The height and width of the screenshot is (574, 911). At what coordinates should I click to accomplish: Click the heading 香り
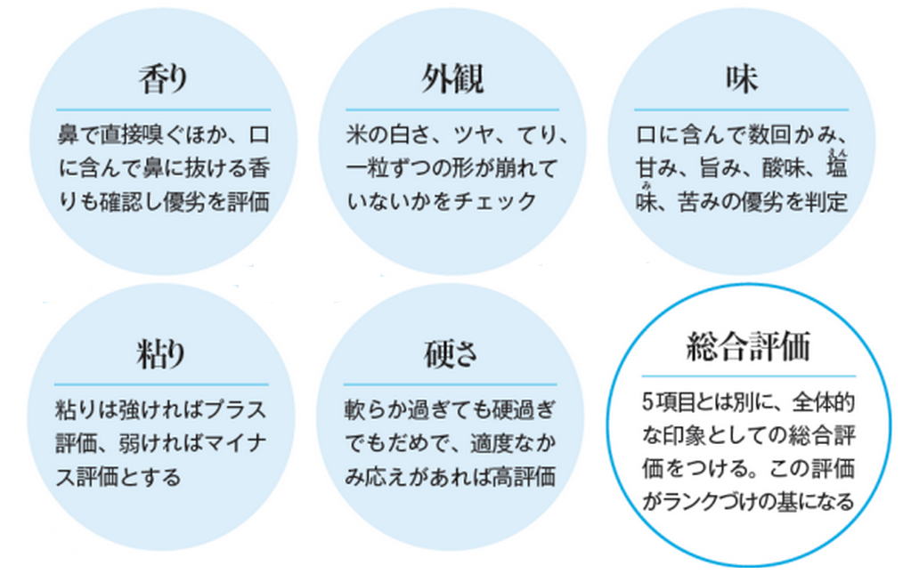pyautogui.click(x=164, y=81)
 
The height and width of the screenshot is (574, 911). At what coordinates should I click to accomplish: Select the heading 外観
pyautogui.click(x=452, y=81)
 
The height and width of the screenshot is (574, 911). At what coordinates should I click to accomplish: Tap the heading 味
pyautogui.click(x=741, y=81)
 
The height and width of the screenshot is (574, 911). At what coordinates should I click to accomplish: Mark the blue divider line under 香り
pyautogui.click(x=163, y=110)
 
